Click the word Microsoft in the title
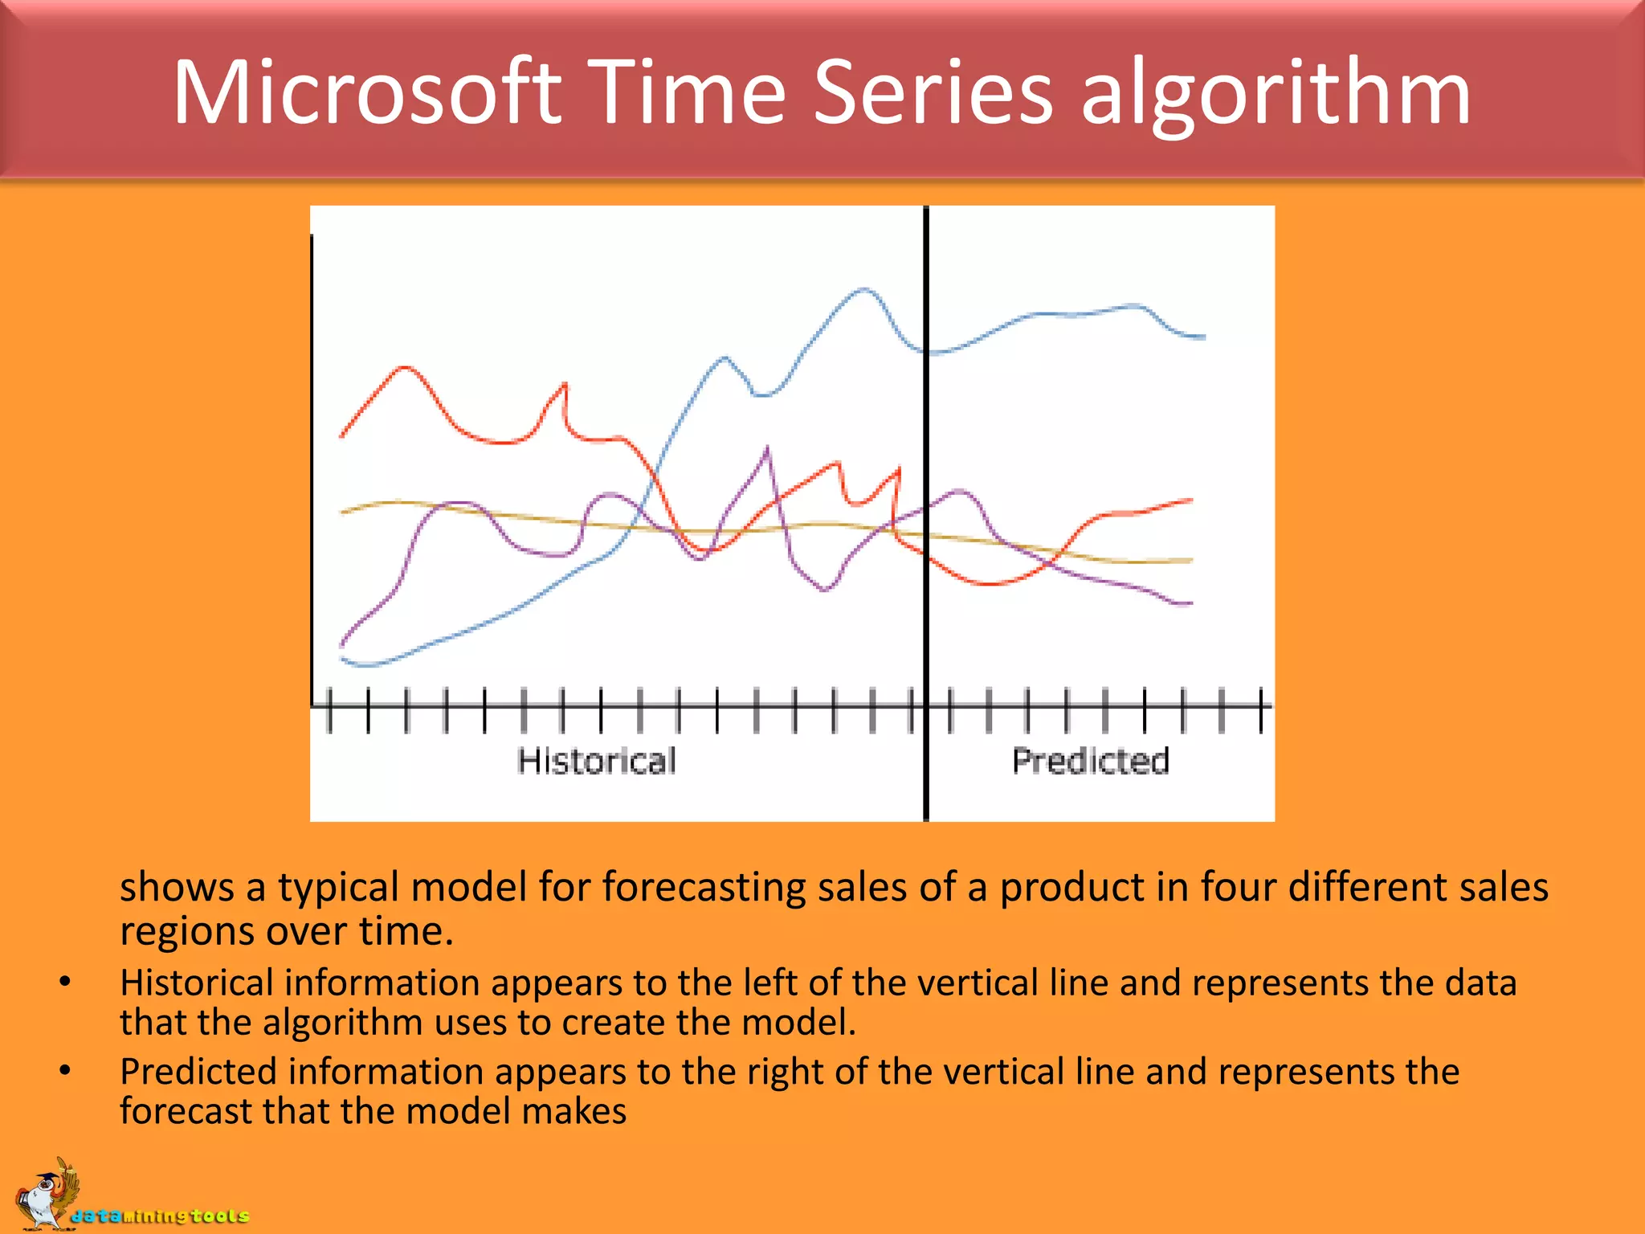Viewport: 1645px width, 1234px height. click(366, 92)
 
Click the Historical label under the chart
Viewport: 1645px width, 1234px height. click(596, 761)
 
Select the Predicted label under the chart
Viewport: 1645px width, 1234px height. click(1090, 761)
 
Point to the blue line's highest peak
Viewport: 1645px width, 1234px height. click(863, 288)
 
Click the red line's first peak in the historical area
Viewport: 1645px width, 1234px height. click(404, 368)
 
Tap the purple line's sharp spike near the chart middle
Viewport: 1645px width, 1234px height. click(767, 447)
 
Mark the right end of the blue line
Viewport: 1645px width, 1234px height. click(1203, 337)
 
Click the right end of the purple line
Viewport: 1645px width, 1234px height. click(1190, 603)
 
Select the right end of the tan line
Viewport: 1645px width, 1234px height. click(1191, 560)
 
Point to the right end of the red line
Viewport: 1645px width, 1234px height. click(1190, 500)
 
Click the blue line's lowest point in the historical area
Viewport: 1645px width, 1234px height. click(365, 665)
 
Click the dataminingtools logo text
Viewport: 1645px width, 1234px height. click(161, 1216)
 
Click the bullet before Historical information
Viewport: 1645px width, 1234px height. click(65, 982)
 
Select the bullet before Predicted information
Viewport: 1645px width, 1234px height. click(65, 1070)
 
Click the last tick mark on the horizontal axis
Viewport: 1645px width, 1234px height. click(1261, 709)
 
